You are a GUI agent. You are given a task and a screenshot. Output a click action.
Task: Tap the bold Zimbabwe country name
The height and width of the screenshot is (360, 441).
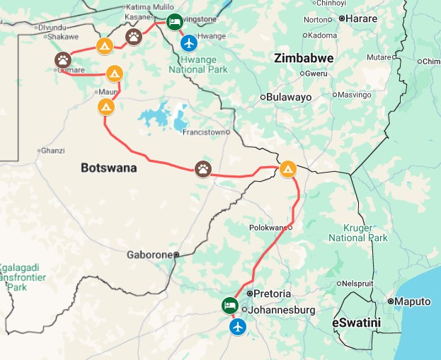[x=304, y=58]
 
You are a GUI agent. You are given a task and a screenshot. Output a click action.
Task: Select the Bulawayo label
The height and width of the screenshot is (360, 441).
[x=289, y=97]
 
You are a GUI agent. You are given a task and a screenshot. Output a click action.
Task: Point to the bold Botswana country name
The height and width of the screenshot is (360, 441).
[x=108, y=168]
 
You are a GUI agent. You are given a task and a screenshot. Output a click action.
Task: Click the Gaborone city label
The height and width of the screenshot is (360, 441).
[x=149, y=255]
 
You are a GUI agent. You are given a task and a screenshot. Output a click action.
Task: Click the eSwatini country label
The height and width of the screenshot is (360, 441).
[x=356, y=323]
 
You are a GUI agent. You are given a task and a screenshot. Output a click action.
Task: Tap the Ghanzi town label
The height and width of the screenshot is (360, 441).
[x=53, y=151]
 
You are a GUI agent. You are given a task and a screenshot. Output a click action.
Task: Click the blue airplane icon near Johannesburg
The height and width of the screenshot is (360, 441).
[x=238, y=327]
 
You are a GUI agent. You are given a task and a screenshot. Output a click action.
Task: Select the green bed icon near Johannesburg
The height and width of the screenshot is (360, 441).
[x=230, y=305]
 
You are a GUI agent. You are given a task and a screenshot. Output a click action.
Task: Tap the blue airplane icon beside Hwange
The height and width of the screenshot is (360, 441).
[x=189, y=43]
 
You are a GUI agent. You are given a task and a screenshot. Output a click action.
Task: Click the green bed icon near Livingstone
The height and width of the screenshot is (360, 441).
[x=174, y=21]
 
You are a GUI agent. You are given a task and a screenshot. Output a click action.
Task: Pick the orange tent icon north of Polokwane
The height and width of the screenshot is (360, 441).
[x=287, y=168]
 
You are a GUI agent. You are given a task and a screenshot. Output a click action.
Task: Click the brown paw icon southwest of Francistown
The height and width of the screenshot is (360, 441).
[x=203, y=168]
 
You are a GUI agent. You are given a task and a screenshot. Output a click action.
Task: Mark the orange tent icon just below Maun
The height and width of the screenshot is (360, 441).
[x=105, y=107]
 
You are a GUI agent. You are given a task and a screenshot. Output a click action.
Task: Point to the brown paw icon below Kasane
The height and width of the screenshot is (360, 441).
[x=134, y=36]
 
